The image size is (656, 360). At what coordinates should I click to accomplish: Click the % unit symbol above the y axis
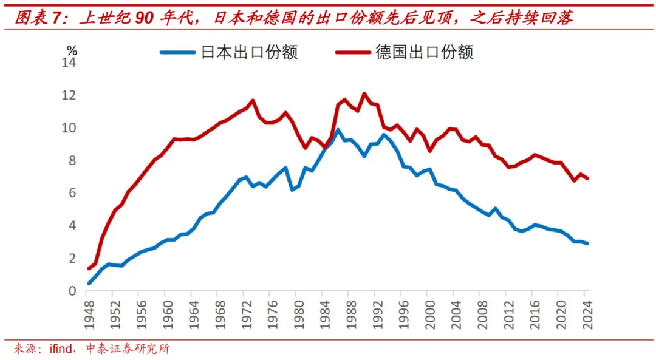(72, 51)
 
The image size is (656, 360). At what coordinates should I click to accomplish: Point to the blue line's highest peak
(338, 129)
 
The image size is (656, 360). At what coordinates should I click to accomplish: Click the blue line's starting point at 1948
(89, 283)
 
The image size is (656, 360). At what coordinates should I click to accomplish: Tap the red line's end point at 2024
(587, 178)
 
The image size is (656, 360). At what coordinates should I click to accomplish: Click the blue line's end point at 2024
(587, 243)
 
